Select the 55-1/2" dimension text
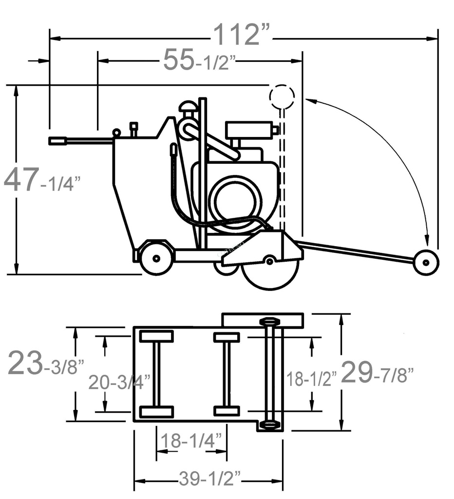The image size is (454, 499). click(x=199, y=61)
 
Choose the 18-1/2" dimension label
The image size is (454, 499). click(x=311, y=378)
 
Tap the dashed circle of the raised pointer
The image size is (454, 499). click(x=282, y=96)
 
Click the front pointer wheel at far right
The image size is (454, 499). click(x=426, y=262)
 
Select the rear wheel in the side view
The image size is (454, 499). click(x=156, y=258)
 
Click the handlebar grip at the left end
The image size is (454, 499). click(x=57, y=141)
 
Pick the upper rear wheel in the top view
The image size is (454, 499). click(x=156, y=336)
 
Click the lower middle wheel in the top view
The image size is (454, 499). click(x=227, y=411)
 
